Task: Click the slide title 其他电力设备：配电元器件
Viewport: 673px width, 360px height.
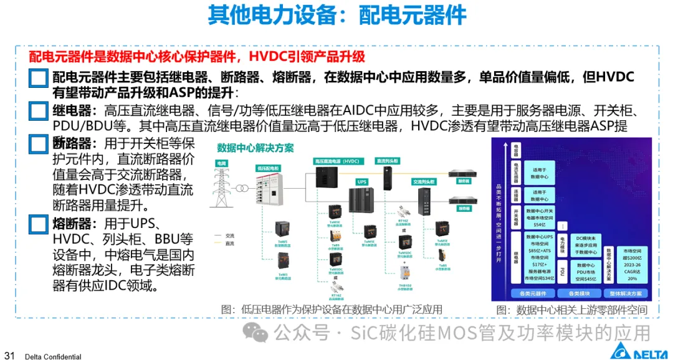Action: coord(336,16)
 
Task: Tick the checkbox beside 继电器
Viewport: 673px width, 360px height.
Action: coord(38,112)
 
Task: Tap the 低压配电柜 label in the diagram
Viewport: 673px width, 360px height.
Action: coord(267,168)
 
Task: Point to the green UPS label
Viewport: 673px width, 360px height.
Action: coord(361,182)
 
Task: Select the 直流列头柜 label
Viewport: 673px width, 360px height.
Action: coord(388,161)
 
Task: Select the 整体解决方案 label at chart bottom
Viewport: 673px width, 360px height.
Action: coord(626,292)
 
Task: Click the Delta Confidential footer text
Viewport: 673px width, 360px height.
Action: coord(53,357)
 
